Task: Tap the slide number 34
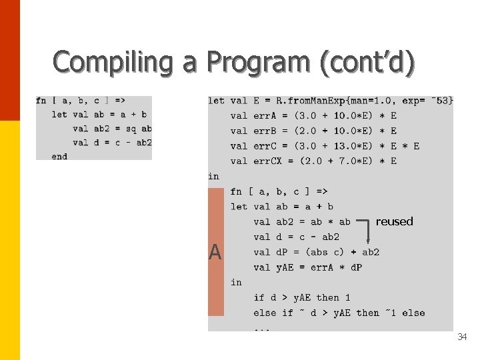[462, 337]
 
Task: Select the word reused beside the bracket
[394, 221]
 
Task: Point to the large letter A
[215, 252]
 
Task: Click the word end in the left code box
[59, 157]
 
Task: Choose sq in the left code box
[131, 129]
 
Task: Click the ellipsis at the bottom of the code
[261, 328]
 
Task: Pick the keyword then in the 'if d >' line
[328, 297]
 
